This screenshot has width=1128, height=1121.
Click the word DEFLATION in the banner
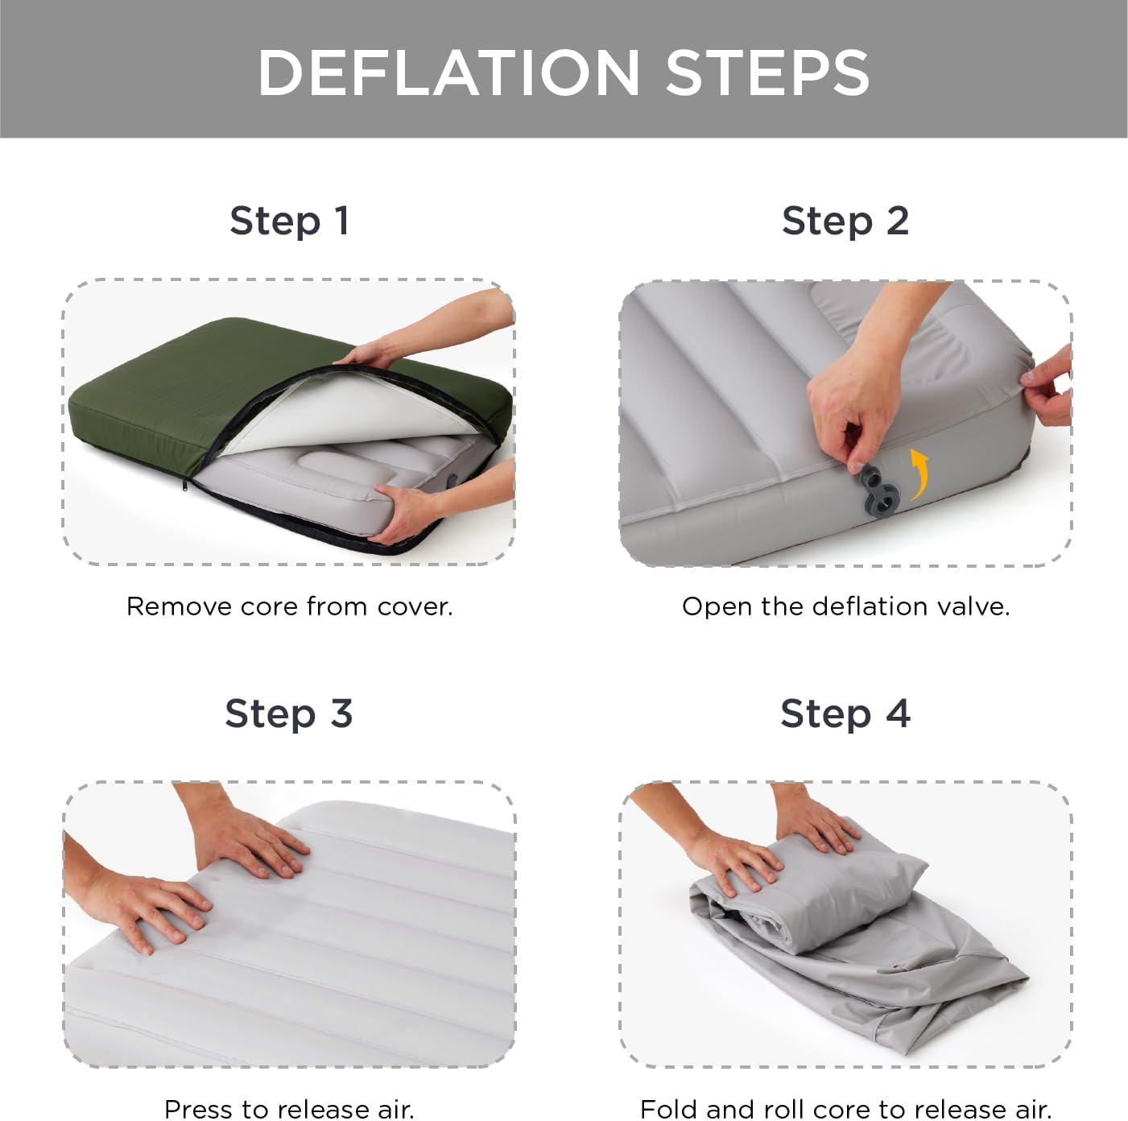pyautogui.click(x=448, y=72)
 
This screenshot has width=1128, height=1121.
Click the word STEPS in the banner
pyautogui.click(x=767, y=72)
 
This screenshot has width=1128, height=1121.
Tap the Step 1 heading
pyautogui.click(x=290, y=221)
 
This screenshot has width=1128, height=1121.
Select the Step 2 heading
pyautogui.click(x=845, y=221)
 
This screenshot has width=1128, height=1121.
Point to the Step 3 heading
pyautogui.click(x=288, y=714)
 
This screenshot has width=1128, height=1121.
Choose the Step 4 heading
pyautogui.click(x=845, y=714)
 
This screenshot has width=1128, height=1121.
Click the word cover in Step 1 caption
pyautogui.click(x=415, y=606)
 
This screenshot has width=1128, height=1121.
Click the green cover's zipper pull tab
pyautogui.click(x=185, y=484)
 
